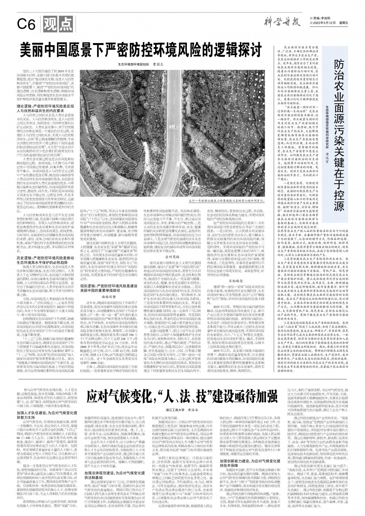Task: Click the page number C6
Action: click(27, 25)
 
